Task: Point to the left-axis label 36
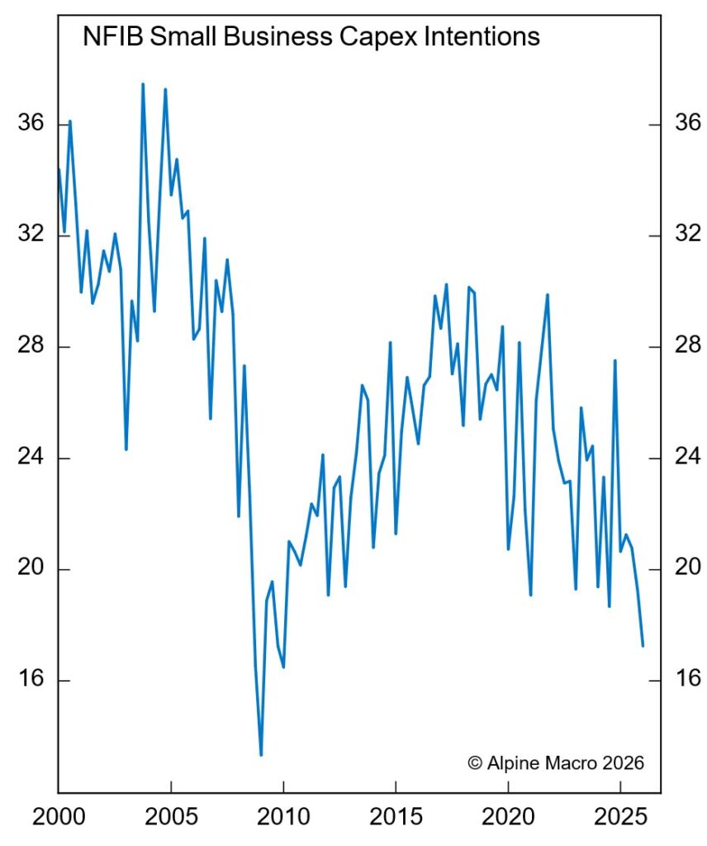click(31, 124)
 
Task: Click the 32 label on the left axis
click(31, 235)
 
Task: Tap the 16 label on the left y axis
click(31, 680)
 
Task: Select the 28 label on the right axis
click(686, 346)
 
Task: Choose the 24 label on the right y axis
click(686, 458)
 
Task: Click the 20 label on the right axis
click(686, 569)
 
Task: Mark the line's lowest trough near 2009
click(261, 754)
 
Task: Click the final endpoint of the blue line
click(643, 645)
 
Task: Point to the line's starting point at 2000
click(59, 169)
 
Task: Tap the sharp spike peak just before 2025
click(615, 361)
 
